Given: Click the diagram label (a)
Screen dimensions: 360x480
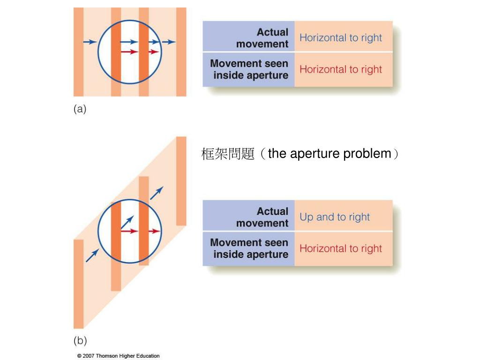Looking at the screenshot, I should click(80, 109).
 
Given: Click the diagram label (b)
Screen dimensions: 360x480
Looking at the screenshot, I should click(80, 340).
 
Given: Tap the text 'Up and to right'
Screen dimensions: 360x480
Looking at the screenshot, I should click(335, 217).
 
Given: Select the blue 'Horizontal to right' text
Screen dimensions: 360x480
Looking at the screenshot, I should click(341, 38).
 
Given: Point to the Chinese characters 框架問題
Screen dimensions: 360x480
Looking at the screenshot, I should click(228, 154).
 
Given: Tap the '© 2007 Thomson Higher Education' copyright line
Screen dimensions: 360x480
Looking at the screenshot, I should click(118, 356).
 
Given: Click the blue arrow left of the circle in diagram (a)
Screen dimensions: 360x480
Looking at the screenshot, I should click(90, 42).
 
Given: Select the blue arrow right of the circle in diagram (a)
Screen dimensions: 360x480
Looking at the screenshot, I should click(169, 42).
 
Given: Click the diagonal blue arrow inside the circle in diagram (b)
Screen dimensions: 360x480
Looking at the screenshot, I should click(127, 222).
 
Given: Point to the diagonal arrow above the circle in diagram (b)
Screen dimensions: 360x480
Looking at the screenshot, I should click(157, 193).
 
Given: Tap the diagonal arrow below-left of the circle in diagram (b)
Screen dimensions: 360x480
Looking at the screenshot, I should click(92, 255).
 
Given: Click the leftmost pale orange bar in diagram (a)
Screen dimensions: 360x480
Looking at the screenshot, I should click(78, 52).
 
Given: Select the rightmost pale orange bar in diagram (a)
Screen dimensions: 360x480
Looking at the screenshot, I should click(181, 52).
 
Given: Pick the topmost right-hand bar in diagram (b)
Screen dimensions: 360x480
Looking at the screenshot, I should click(181, 180).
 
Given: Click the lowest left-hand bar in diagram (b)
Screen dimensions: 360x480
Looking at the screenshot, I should click(78, 284).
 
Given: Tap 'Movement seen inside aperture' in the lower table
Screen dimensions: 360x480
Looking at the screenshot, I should click(250, 248).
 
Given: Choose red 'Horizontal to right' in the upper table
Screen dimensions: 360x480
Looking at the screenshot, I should click(341, 69).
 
